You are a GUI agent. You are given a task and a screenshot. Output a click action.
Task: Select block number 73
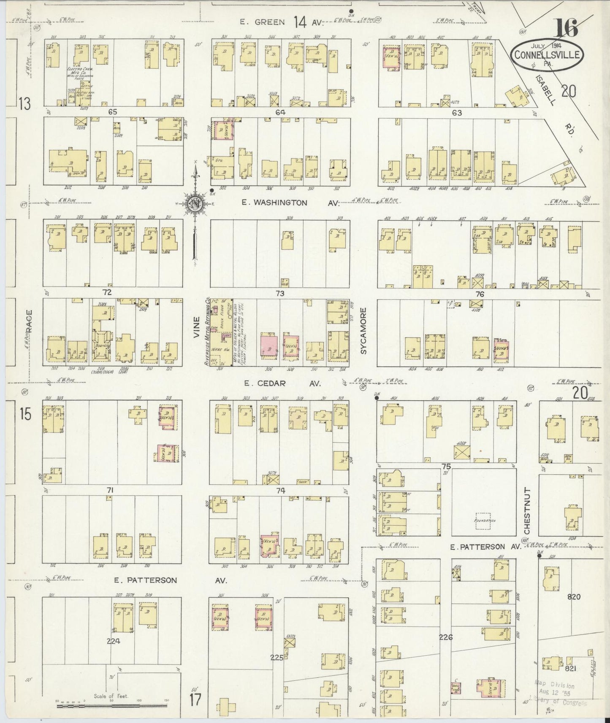(x=280, y=293)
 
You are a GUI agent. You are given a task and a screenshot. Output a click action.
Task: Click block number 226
(x=445, y=637)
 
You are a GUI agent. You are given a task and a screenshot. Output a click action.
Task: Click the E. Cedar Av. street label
(x=282, y=383)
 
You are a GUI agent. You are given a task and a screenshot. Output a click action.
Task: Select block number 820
(x=574, y=596)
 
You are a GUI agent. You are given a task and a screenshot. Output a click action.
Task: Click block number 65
(x=112, y=112)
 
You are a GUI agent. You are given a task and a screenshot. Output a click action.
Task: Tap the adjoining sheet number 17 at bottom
(x=195, y=700)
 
